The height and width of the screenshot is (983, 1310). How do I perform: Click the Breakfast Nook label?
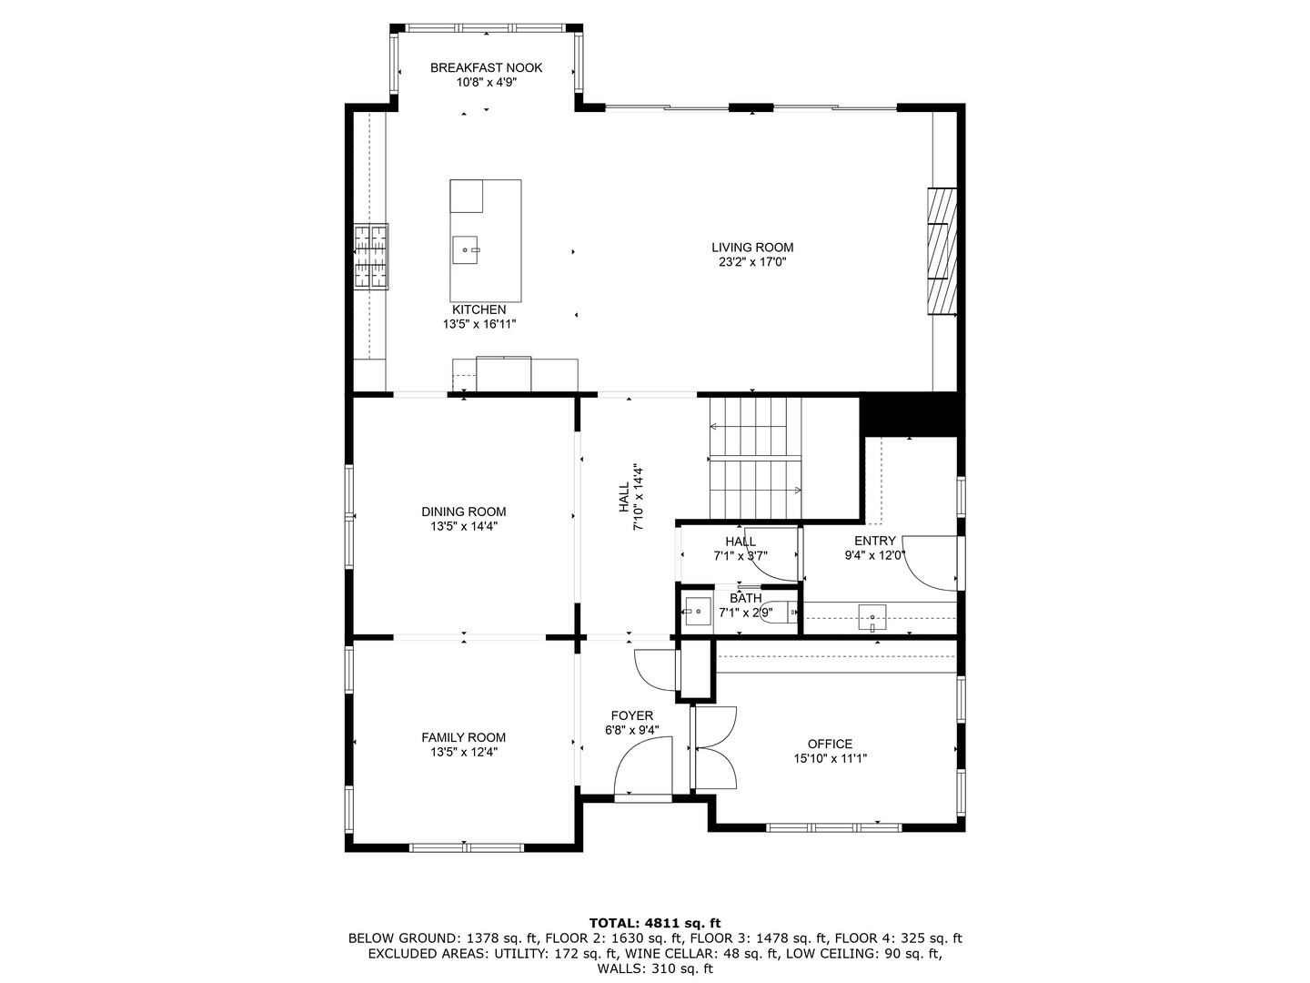pos(486,68)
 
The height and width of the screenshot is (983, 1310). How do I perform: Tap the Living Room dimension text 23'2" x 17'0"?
pos(752,262)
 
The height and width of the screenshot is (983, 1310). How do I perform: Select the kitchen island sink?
pos(466,249)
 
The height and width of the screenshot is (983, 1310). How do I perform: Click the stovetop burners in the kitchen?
pos(370,257)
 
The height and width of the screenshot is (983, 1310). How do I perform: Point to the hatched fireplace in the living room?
pos(942,251)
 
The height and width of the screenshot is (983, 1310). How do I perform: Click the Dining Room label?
pos(464,512)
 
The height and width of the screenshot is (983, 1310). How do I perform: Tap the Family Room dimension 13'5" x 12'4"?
pos(464,752)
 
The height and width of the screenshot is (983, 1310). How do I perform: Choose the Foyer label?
pos(632,715)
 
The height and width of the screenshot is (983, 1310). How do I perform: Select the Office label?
pos(830,744)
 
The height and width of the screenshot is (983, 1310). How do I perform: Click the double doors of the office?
pos(716,748)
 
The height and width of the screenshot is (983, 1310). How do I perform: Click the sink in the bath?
pos(698,611)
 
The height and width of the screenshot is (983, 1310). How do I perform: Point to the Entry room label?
pos(875,541)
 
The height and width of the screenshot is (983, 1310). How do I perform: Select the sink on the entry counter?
pos(872,617)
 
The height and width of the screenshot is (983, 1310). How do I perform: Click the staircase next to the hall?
pos(755,459)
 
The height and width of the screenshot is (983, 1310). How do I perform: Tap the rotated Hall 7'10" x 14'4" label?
pos(630,497)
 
